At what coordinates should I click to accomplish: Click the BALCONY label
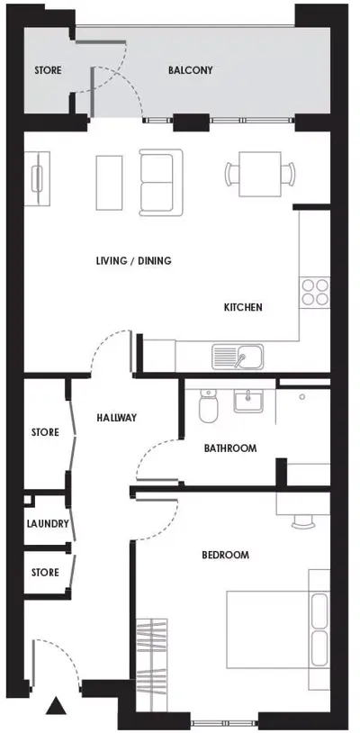point(191,70)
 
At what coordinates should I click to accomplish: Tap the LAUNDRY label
point(48,523)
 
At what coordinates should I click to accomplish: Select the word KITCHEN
point(243,308)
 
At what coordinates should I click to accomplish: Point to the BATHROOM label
point(230,448)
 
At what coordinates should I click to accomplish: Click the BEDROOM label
point(226,555)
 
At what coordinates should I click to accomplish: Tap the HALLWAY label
point(117,418)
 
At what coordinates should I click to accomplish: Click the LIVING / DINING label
point(133,260)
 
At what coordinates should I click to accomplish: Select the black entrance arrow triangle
point(56,705)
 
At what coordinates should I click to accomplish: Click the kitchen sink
point(238,357)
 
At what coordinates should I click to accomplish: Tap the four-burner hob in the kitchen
point(315,292)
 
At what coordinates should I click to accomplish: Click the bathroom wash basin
point(248,402)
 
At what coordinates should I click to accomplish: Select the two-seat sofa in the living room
point(161,182)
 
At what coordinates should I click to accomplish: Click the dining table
point(260,175)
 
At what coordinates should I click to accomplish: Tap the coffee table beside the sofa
point(109,183)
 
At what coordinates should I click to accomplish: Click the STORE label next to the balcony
point(48,70)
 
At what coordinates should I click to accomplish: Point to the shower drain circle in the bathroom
point(302,397)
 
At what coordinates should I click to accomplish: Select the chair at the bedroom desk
point(302,521)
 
